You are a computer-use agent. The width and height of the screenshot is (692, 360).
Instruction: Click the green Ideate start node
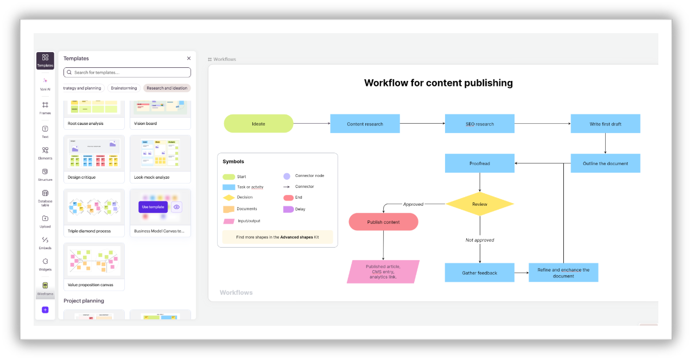[x=258, y=124]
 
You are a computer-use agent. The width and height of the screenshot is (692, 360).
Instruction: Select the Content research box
[x=365, y=124]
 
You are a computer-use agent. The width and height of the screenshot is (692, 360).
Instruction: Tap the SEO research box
[x=479, y=124]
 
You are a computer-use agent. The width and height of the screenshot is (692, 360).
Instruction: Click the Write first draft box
[x=605, y=124]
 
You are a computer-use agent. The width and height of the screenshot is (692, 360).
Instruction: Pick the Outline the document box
[x=605, y=163]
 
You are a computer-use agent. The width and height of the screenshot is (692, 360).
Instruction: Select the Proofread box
[x=479, y=163]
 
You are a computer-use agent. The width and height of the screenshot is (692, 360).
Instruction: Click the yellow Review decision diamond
[x=479, y=204]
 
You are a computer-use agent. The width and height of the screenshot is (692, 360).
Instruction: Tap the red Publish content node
[x=383, y=222]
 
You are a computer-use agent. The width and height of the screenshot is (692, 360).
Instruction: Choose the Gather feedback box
[x=479, y=273]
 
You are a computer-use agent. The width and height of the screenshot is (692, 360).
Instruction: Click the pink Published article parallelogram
[x=383, y=271]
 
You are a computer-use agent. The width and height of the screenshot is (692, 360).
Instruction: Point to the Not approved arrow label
[x=480, y=240]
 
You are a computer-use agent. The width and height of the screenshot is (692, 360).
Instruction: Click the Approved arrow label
[x=413, y=204]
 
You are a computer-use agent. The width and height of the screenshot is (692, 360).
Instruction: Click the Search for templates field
[x=127, y=72]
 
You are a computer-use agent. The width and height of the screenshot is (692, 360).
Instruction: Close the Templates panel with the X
[x=189, y=58]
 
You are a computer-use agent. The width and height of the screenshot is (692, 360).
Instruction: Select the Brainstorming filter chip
[x=124, y=88]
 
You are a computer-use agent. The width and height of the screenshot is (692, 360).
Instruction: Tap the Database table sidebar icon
[x=45, y=193]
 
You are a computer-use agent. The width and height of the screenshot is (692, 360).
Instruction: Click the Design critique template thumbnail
[x=94, y=153]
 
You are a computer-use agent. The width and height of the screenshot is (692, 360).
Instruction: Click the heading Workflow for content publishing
[x=438, y=83]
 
